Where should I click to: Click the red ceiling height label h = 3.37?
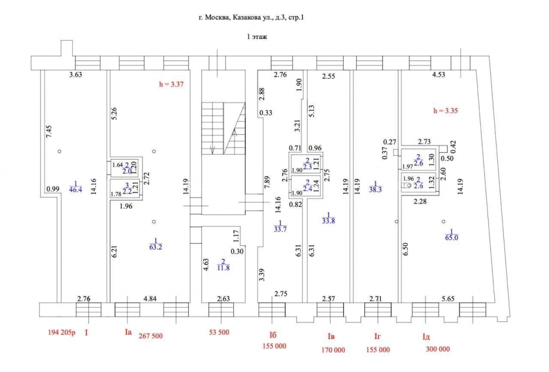coord(171,84)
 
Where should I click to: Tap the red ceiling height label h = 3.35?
coord(445,111)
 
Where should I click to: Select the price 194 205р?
coord(61,332)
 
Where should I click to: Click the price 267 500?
coord(151,336)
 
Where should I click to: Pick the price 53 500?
coord(219,332)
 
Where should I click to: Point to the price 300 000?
coord(438,349)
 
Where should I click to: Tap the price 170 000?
coord(333,350)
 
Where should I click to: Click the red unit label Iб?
coord(273,335)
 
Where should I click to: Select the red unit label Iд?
coord(426,337)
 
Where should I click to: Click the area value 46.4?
coord(76,190)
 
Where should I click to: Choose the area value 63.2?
coord(155,247)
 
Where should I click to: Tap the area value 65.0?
coord(451,238)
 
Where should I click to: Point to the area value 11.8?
coord(223,268)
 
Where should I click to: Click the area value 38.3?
coord(376,190)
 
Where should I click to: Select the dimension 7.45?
coord(49,132)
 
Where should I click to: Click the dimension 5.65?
coord(448,298)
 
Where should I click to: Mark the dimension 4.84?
coord(150,298)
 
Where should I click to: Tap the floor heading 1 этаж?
coord(257,37)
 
